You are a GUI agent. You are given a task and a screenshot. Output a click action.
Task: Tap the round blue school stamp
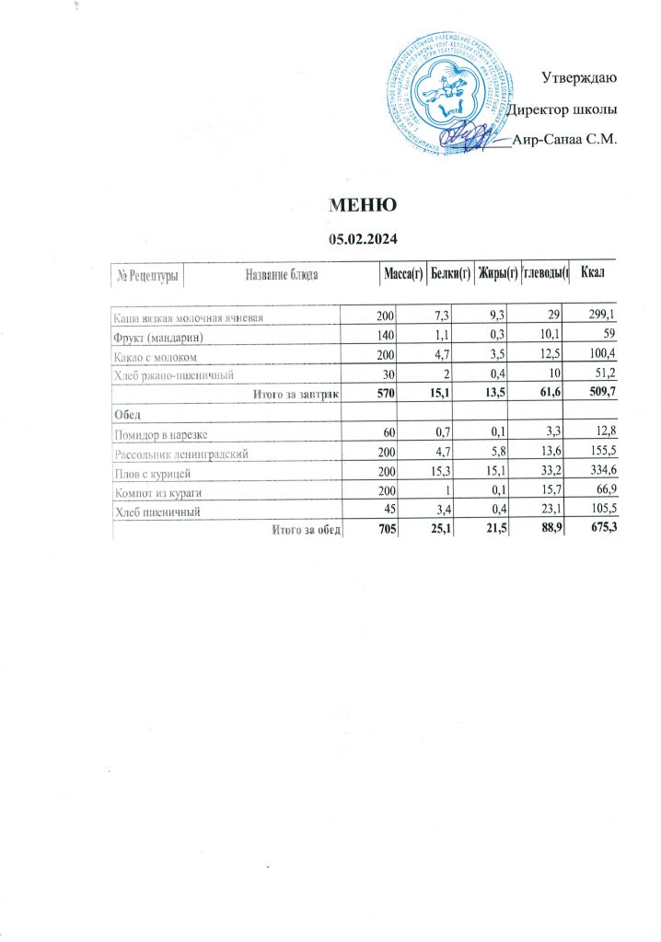coord(448,93)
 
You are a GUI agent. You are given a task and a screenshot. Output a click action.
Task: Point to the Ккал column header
coord(591,273)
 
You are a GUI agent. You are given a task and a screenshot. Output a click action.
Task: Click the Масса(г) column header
coord(402,273)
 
